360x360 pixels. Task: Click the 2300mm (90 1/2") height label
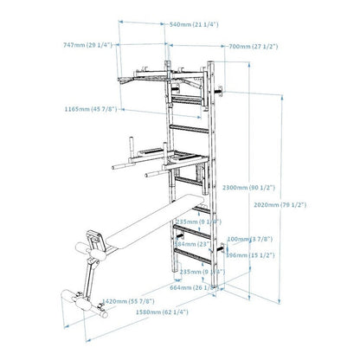(x=247, y=187)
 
